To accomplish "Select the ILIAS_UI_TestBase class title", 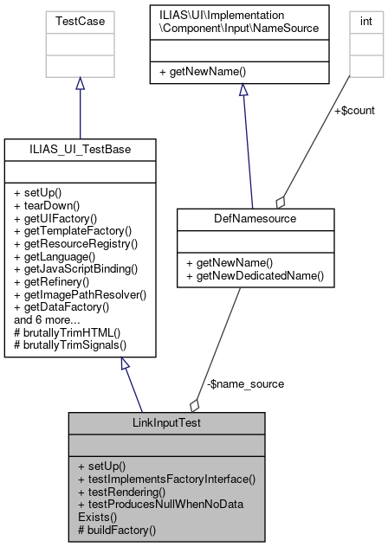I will (80, 149).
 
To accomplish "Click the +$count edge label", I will (354, 110).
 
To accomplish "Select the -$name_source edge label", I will (234, 383).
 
